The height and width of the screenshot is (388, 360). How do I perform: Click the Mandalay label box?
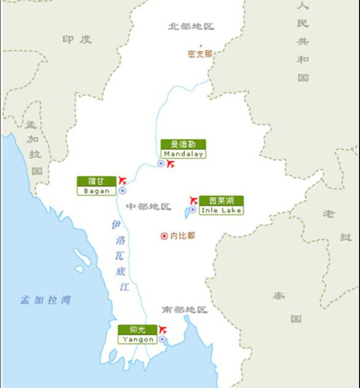point(183,149)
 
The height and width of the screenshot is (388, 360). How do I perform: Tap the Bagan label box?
point(97,185)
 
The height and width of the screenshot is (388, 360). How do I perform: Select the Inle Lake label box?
point(221,205)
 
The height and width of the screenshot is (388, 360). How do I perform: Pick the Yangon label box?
point(138,334)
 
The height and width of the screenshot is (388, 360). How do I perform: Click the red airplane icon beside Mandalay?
point(171,163)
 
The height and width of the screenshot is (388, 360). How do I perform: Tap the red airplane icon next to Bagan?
point(122,179)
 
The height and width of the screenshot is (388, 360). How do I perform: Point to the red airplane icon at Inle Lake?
point(194,200)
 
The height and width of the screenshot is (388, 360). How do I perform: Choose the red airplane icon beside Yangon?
point(163,329)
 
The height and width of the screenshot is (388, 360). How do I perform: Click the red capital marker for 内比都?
point(164,235)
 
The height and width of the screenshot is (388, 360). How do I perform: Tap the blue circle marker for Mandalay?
point(160,163)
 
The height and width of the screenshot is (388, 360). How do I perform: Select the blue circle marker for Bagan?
point(122,190)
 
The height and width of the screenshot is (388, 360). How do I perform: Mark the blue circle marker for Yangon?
point(162,339)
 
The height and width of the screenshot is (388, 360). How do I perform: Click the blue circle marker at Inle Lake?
point(193,210)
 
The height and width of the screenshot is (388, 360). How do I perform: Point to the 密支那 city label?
point(200,54)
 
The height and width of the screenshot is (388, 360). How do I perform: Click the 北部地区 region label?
point(191,26)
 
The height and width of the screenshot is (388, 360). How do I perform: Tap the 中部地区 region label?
point(148,206)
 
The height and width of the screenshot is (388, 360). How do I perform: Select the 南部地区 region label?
point(184,310)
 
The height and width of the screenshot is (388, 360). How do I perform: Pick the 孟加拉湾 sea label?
point(46,300)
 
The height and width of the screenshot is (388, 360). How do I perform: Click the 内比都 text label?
point(182,235)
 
